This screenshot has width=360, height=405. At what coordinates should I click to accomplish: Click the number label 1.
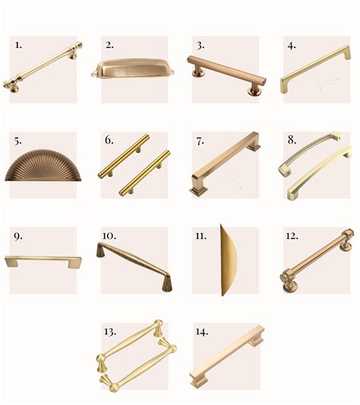pos(18,45)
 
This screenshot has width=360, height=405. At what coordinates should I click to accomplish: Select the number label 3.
pos(201,46)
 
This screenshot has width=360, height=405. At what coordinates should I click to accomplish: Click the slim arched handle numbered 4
pos(316,69)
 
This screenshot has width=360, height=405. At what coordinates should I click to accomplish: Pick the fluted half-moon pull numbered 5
pos(43,166)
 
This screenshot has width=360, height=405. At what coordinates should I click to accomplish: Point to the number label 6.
pos(109,140)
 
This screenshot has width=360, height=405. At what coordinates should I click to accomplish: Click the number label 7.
pos(201,141)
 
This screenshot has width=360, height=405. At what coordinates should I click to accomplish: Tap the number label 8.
pos(292,140)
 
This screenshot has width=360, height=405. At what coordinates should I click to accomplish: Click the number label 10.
pos(109,236)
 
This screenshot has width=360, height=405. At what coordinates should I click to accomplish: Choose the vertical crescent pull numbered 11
pos(228,261)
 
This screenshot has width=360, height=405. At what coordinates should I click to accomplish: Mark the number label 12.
pos(292,236)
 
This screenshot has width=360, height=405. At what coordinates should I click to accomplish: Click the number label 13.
pos(110,331)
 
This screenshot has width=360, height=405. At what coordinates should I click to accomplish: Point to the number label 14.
pos(202,331)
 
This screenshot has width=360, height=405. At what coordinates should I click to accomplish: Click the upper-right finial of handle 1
pos(78,46)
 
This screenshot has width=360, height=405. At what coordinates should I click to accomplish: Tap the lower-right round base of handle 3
pos(254,91)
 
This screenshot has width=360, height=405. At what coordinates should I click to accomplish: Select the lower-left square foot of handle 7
pos(198,191)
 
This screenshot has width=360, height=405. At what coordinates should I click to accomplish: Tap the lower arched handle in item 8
pos(320,173)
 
